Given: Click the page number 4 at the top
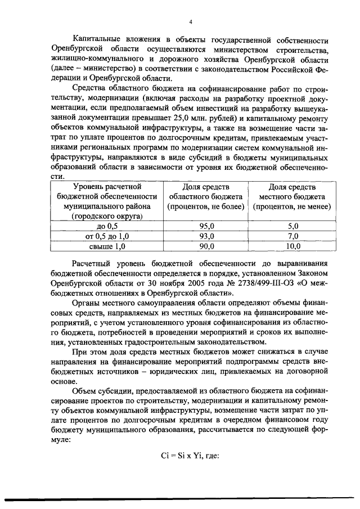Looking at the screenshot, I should pyautogui.click(x=191, y=22).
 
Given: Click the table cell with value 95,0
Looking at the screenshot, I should pyautogui.click(x=207, y=226).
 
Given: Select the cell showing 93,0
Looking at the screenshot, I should pyautogui.click(x=207, y=236).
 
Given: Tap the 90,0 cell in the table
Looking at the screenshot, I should pyautogui.click(x=207, y=246).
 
